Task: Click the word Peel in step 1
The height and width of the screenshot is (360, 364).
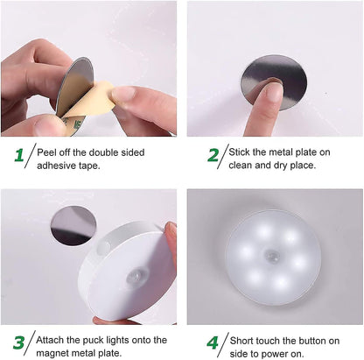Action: click(x=48, y=151)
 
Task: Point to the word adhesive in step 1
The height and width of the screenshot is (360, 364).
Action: click(x=58, y=165)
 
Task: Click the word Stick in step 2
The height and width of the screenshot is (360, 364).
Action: click(x=241, y=151)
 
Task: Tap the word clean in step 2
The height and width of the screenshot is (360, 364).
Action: click(x=243, y=165)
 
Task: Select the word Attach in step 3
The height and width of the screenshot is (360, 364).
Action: click(x=53, y=337)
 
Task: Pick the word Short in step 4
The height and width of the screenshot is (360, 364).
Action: click(x=243, y=337)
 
